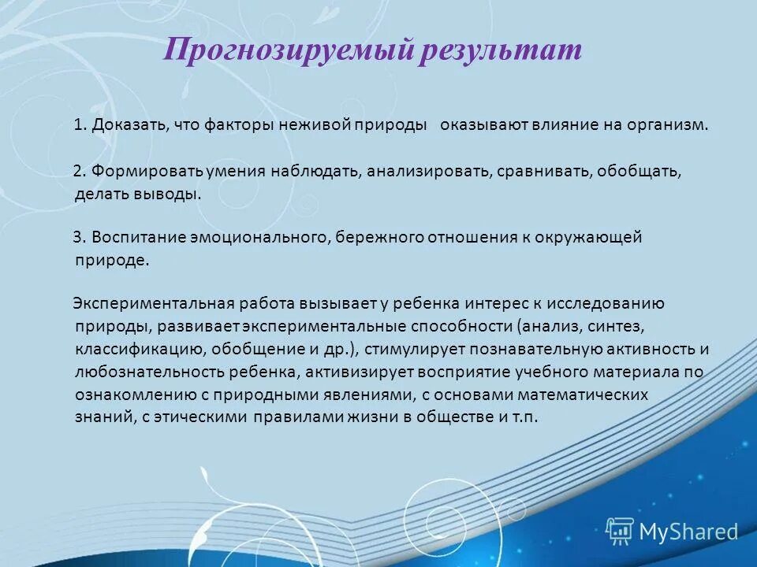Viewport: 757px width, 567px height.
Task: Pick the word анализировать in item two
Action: pyautogui.click(x=429, y=171)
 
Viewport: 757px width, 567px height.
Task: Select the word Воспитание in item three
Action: pyautogui.click(x=138, y=237)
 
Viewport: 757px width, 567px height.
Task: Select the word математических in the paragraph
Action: pyautogui.click(x=587, y=395)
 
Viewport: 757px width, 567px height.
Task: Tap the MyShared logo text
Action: pyautogui.click(x=688, y=532)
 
